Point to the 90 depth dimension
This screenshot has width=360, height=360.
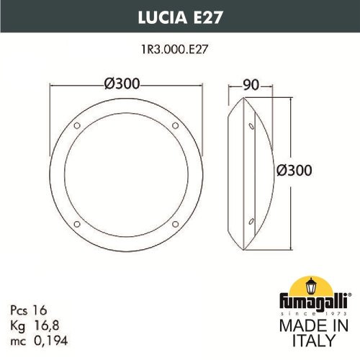pos(251,84)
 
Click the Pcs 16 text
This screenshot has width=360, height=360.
pos(26,307)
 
